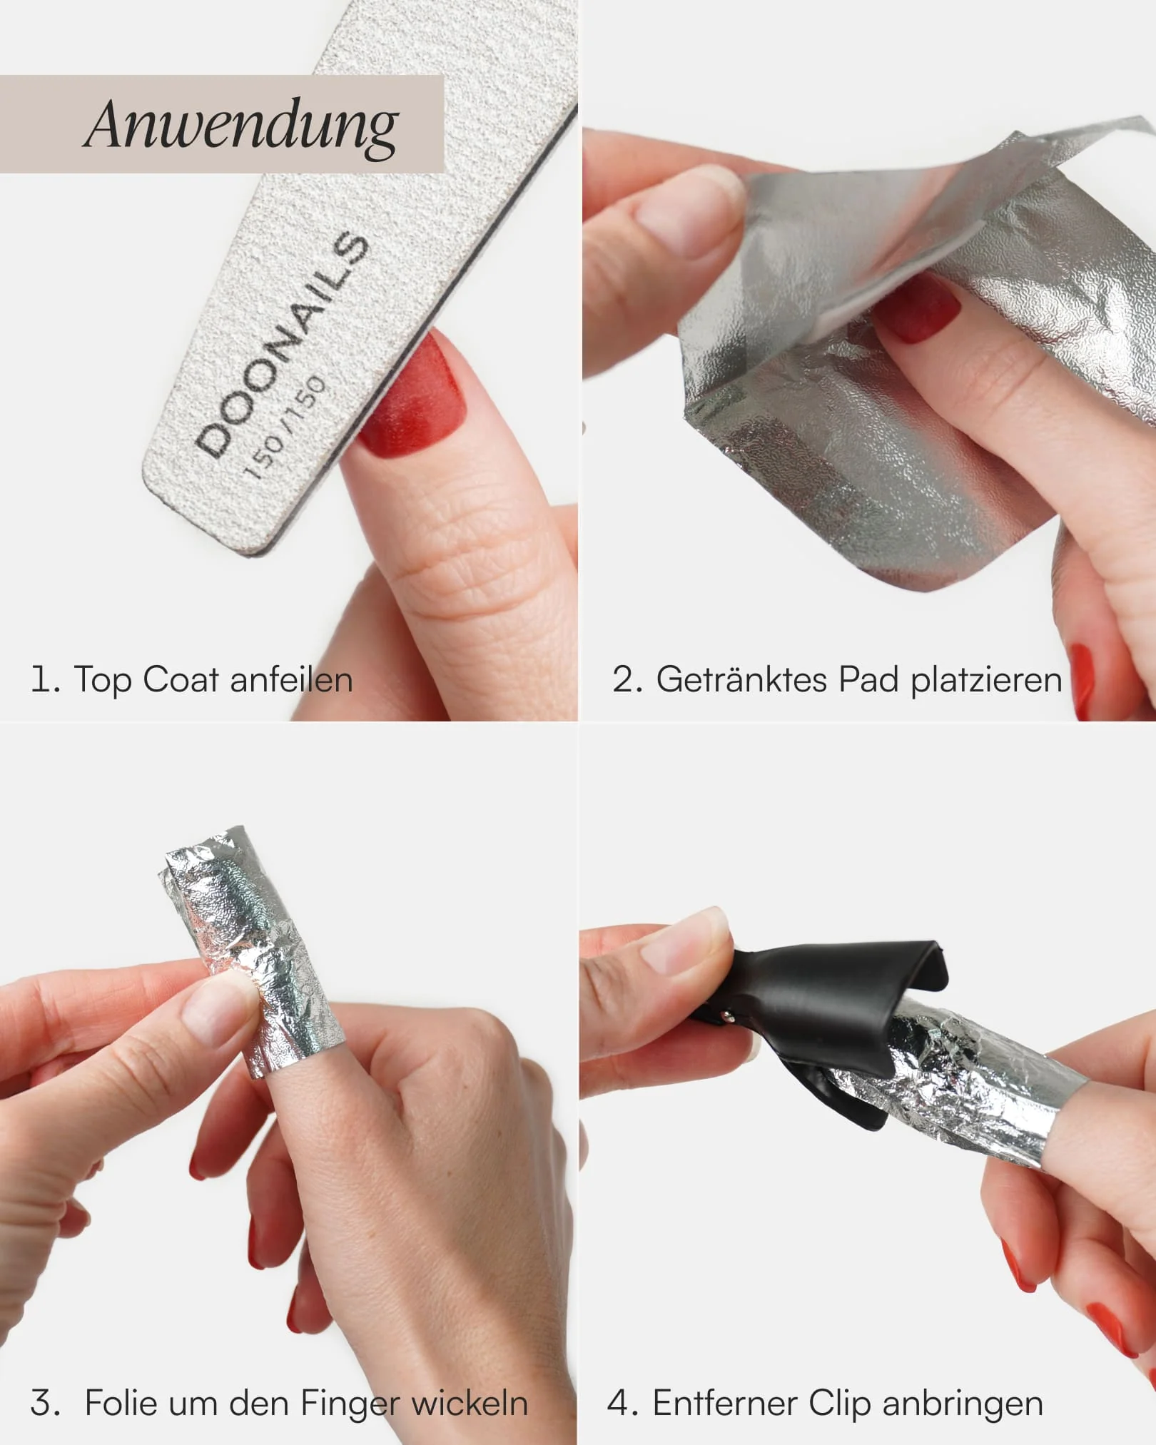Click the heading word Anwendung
(x=241, y=126)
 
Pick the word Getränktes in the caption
(x=742, y=679)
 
